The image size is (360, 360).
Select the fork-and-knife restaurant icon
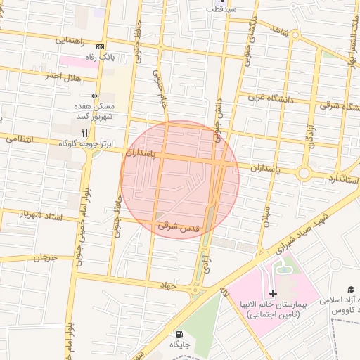84,131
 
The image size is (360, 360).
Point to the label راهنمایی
72,41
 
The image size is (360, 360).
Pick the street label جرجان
47,257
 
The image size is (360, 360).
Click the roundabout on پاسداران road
304,172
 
